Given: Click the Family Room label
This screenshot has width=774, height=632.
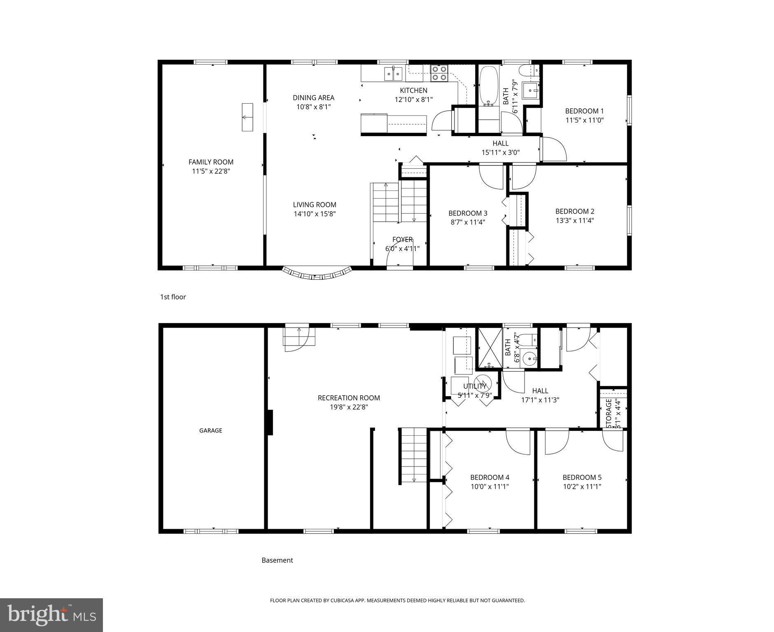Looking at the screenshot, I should click(x=211, y=162).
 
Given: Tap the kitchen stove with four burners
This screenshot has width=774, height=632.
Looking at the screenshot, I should click(x=439, y=73).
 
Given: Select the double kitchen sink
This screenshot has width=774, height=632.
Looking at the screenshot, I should click(x=394, y=74).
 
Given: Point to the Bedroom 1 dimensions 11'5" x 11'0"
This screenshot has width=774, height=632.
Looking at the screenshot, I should click(x=584, y=120).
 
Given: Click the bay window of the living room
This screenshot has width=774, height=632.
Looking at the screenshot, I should click(x=317, y=274).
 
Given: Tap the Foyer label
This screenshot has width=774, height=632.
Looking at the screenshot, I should click(x=402, y=239).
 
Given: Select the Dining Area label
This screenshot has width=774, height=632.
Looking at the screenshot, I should click(x=313, y=98).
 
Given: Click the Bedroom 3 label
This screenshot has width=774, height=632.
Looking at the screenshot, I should click(x=468, y=213).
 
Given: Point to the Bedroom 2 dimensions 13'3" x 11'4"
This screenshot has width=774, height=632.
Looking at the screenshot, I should click(x=574, y=221).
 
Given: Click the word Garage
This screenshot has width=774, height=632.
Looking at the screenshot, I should click(x=210, y=430).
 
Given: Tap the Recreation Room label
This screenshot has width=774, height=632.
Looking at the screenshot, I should click(x=349, y=398).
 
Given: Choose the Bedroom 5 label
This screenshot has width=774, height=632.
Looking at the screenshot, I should click(x=582, y=477).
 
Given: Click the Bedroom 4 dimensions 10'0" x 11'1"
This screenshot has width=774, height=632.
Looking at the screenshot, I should click(x=490, y=486).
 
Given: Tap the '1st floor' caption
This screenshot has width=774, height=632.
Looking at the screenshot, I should click(x=173, y=297).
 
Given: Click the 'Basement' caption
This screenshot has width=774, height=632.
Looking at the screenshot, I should click(x=277, y=560).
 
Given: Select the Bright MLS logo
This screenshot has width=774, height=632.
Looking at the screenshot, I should click(x=51, y=615).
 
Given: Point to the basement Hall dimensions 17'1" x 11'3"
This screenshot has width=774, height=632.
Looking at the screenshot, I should click(x=540, y=400).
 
